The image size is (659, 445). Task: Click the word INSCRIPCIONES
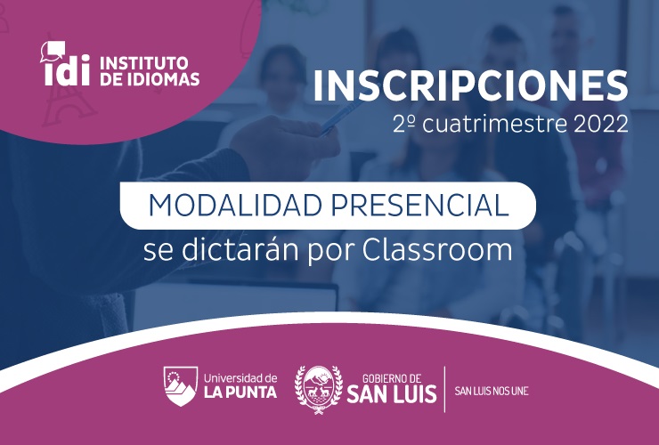click(470, 86)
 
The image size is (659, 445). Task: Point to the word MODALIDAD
click(235, 206)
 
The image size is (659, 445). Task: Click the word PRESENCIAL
click(419, 206)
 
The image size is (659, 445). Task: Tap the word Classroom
click(437, 250)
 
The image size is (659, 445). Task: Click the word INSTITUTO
click(143, 63)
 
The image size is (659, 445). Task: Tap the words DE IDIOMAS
click(150, 79)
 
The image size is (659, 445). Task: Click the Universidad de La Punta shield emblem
click(180, 385)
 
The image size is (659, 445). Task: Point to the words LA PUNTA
click(240, 392)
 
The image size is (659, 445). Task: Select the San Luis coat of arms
click(319, 390)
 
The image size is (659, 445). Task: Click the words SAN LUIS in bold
click(392, 394)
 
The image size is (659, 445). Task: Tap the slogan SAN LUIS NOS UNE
click(492, 392)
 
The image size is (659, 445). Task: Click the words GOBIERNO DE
click(392, 378)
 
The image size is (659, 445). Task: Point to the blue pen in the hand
click(342, 116)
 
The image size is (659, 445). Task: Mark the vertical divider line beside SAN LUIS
click(444, 389)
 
